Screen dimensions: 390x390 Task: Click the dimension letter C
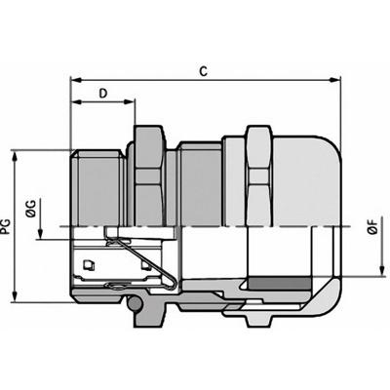click(x=202, y=70)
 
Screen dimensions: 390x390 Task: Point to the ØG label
click(x=30, y=208)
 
